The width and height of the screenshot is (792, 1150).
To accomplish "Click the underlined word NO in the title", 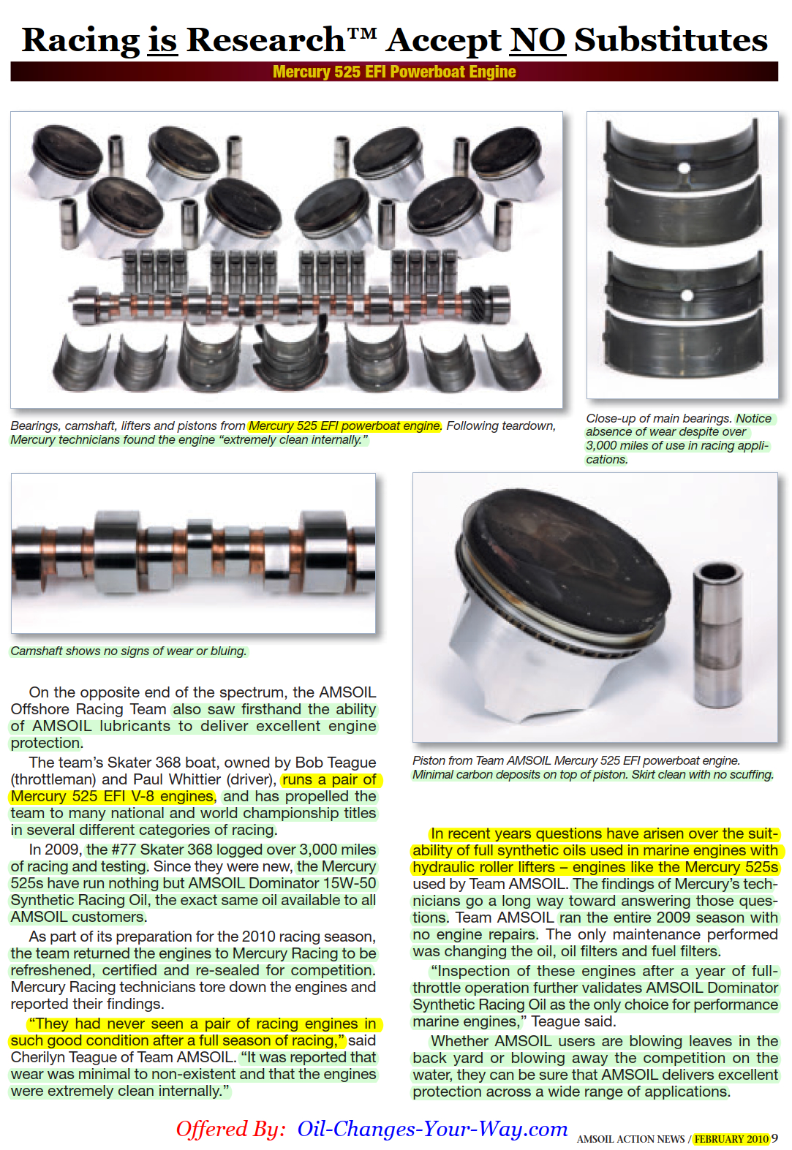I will tap(537, 40).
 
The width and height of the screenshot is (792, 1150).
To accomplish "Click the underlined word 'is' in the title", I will tap(162, 40).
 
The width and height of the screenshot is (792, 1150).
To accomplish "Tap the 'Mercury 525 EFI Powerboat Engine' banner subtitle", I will tap(394, 72).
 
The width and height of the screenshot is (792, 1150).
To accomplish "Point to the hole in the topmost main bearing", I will tap(684, 168).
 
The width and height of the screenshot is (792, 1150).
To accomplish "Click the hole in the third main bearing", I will tap(687, 295).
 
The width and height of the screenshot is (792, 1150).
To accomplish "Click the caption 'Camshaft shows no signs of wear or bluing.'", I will tap(129, 651).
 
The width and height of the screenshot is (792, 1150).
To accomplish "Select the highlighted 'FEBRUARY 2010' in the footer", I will tap(731, 1138).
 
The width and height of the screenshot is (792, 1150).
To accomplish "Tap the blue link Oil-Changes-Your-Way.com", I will tap(432, 1129).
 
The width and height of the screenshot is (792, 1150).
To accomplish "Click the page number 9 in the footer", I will tap(774, 1138).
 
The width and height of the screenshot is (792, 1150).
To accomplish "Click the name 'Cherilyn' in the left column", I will tap(38, 1057).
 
